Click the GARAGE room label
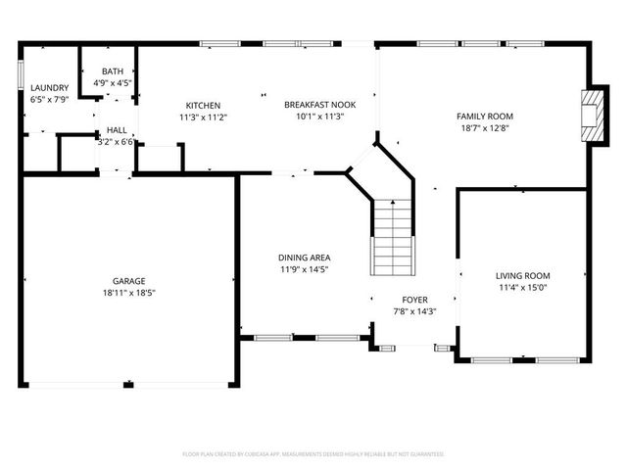tap(128, 281)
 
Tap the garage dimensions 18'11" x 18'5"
tap(128, 293)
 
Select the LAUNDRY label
tap(49, 88)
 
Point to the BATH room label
tap(113, 71)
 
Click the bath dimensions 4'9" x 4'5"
tap(113, 83)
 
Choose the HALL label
tap(117, 129)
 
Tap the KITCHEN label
tap(203, 106)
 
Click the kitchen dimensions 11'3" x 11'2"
tap(203, 117)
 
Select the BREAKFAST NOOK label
tap(319, 105)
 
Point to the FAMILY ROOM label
tap(485, 117)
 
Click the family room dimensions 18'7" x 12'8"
tap(485, 128)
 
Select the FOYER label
tap(414, 301)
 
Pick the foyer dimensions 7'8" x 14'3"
tap(414, 312)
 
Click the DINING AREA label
tap(304, 258)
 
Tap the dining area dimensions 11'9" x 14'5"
tap(304, 269)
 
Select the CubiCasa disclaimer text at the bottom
tap(313, 454)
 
